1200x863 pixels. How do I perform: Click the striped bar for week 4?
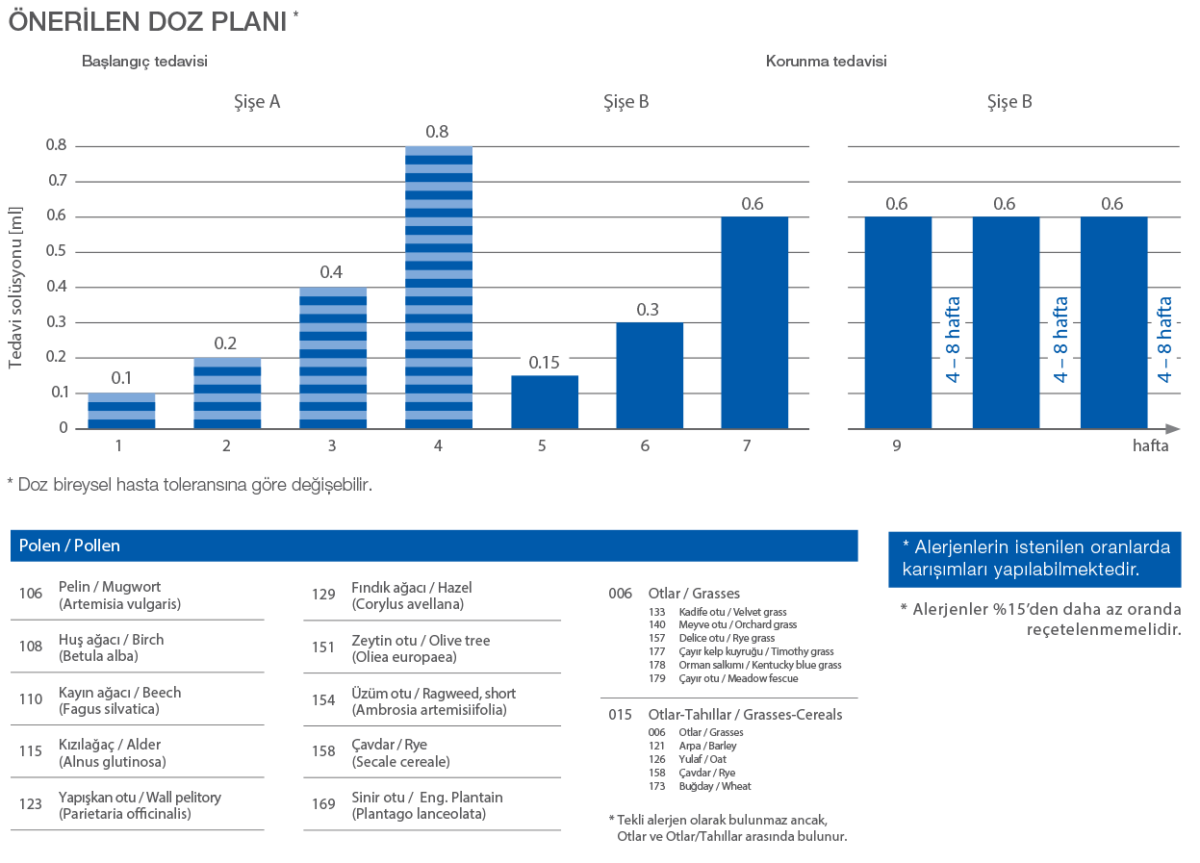click(439, 287)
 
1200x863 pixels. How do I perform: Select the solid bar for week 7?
click(754, 322)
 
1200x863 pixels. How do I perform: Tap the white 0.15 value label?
click(545, 362)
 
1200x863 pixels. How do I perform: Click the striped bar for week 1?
click(121, 410)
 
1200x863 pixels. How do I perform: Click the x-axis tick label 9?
click(896, 446)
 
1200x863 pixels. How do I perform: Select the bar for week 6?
click(651, 375)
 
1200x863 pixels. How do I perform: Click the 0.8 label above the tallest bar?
click(437, 132)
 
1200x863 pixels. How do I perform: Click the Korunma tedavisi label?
click(826, 61)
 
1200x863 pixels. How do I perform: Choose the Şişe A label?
click(258, 101)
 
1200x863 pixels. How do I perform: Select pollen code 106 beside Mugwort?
click(31, 594)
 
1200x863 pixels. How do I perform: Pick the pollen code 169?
click(323, 804)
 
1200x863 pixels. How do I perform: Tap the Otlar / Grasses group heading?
click(694, 594)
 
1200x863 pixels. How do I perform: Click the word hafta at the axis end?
click(1150, 446)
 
